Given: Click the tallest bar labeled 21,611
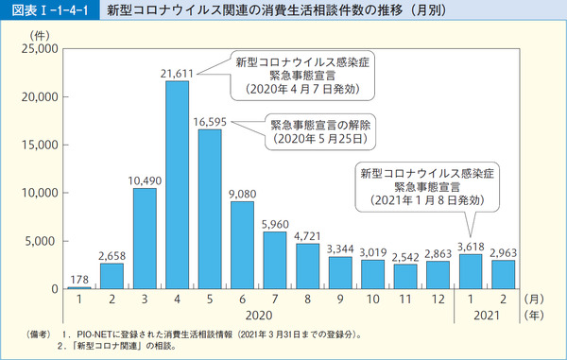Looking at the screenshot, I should point(177,184).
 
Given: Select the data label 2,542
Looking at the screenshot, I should point(404,256).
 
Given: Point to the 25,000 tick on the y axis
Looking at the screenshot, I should point(40,48).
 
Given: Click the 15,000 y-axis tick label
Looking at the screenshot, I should point(40,145).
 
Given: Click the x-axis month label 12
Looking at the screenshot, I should point(437,300).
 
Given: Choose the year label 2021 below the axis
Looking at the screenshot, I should point(486,317).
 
